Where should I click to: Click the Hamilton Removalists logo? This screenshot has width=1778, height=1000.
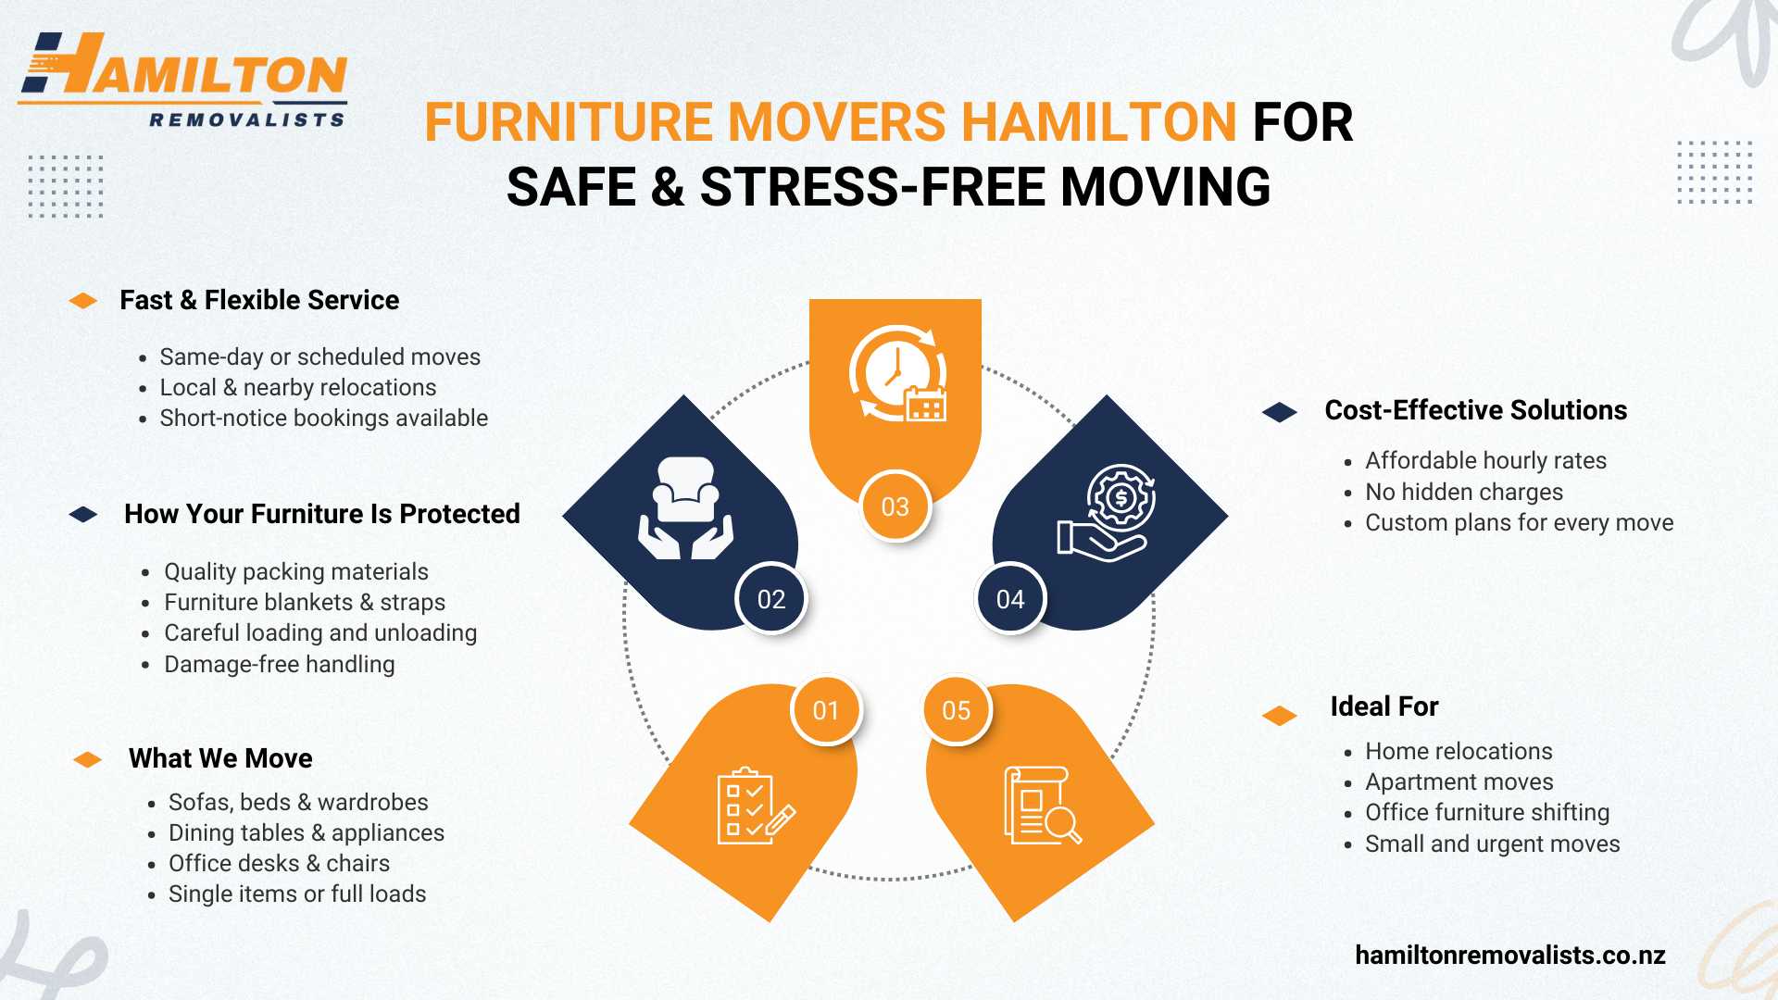pos(182,80)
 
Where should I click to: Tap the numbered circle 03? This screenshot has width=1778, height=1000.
pos(895,506)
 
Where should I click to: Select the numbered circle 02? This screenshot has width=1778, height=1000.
pos(771,599)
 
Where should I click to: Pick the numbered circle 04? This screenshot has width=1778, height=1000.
pos(1010,599)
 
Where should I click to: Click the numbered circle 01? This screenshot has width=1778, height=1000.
pos(826,710)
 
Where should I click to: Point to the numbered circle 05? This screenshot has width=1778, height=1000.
pos(957,710)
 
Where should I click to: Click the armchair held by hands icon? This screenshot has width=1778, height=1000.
pos(685,508)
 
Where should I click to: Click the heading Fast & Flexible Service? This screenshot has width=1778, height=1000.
pos(259,300)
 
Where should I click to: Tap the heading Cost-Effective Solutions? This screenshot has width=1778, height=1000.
pos(1476,410)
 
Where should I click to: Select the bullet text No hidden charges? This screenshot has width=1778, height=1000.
pos(1464,492)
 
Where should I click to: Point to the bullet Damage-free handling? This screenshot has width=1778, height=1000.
pos(280,664)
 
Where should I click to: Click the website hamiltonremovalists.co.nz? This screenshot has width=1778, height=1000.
pos(1510,955)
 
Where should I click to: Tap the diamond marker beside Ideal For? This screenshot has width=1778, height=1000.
pos(1280,716)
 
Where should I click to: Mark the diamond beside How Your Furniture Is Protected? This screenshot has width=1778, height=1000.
pos(83,514)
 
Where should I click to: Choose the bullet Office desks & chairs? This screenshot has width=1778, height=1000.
pos(279,863)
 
